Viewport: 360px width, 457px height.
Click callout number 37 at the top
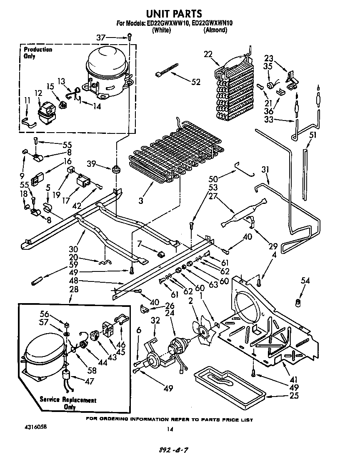(x=101, y=38)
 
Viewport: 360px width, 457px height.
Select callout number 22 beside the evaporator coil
(x=208, y=53)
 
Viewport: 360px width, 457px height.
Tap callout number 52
(x=196, y=82)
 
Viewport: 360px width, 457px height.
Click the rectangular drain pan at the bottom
(x=229, y=385)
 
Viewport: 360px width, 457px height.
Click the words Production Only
(x=38, y=53)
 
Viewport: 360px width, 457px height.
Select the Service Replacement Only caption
(x=68, y=403)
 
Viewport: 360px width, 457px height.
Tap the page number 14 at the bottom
(x=169, y=429)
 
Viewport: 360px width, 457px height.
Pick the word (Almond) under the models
(x=215, y=30)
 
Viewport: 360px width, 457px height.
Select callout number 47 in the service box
(x=89, y=381)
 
